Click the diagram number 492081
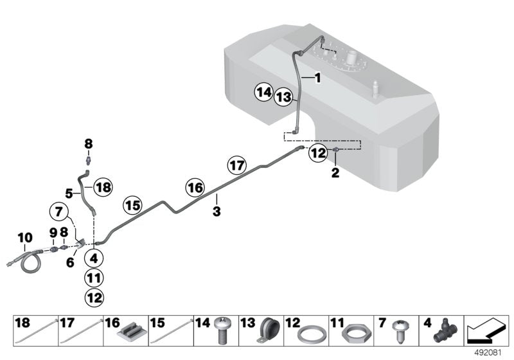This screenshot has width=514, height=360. [492, 353]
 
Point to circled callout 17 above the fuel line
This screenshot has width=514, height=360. [237, 165]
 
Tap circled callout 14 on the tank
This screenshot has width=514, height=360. [262, 93]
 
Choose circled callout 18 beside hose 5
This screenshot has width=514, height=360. [103, 187]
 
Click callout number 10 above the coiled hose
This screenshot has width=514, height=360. [24, 238]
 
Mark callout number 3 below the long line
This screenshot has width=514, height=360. [217, 212]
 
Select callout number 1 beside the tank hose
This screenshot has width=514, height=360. [317, 77]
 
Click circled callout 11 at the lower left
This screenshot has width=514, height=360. [93, 278]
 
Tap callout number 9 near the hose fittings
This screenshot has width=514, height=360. [53, 231]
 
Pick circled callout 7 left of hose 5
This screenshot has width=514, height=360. [58, 210]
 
